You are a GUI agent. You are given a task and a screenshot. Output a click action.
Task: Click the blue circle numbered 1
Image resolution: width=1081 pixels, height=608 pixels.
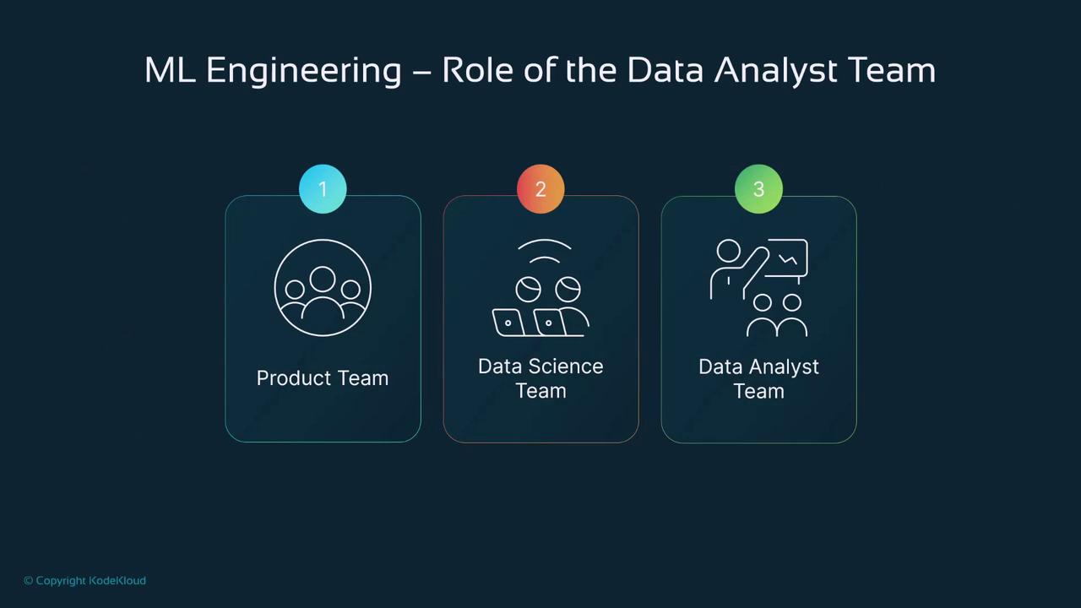[323, 189]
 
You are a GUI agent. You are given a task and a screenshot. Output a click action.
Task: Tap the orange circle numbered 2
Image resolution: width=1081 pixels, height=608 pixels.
[540, 189]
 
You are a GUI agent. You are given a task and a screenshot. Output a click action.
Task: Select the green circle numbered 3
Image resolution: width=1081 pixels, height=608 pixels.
[758, 189]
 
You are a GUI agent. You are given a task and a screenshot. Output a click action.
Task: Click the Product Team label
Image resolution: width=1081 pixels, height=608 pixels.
[323, 377]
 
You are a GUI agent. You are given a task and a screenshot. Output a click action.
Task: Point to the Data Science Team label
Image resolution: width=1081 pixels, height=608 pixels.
[540, 378]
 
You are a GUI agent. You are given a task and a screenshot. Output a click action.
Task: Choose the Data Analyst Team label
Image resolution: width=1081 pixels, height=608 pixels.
[758, 378]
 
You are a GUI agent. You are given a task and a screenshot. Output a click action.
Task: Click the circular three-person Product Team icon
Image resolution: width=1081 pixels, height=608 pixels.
[323, 288]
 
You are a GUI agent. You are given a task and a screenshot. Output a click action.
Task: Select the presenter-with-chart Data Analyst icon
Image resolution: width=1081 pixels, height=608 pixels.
[758, 288]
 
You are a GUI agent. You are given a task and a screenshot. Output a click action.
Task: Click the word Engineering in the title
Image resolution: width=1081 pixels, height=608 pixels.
[303, 70]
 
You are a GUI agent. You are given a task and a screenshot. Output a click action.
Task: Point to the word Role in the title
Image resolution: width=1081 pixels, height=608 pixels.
[478, 70]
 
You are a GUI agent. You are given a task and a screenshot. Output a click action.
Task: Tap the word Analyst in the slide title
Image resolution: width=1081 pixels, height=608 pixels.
[776, 70]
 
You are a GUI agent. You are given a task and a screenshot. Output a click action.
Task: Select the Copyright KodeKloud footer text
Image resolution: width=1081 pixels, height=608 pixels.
[84, 580]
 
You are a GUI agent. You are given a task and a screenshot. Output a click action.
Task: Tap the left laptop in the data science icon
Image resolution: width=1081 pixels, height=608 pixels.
[508, 323]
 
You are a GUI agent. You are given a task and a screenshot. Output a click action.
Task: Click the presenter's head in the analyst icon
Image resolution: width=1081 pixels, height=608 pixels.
[728, 251]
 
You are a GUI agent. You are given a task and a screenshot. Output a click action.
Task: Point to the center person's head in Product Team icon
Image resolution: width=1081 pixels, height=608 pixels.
[323, 279]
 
